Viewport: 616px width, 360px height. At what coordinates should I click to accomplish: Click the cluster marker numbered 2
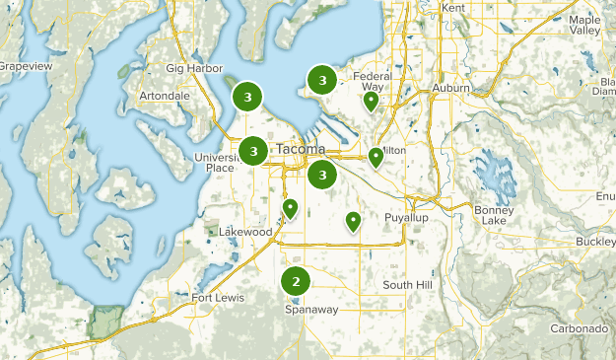click(x=296, y=282)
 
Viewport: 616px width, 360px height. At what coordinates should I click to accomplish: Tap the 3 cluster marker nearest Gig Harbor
click(x=247, y=97)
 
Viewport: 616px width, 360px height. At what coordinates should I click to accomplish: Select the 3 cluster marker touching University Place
click(x=254, y=151)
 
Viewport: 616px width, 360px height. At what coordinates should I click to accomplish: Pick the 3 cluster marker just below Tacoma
click(x=322, y=176)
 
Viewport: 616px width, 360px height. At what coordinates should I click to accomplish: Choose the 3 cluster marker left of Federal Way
click(x=321, y=79)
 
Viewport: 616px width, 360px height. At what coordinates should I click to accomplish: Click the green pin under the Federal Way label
click(x=371, y=100)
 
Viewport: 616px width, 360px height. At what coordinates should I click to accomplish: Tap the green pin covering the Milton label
click(x=376, y=156)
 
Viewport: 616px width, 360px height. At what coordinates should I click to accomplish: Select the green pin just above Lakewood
click(x=290, y=208)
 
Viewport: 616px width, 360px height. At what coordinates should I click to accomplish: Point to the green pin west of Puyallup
click(x=353, y=222)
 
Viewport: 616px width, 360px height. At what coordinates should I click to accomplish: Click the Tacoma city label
click(x=300, y=149)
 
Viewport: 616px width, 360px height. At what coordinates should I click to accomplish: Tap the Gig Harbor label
click(x=189, y=68)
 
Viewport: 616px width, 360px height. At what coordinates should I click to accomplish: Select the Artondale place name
click(x=166, y=96)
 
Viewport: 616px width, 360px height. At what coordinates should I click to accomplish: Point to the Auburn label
click(x=450, y=88)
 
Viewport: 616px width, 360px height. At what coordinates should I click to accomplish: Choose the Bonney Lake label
click(x=494, y=215)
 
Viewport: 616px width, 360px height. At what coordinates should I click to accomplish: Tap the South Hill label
click(x=408, y=285)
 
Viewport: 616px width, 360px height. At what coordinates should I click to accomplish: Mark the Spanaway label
click(x=311, y=309)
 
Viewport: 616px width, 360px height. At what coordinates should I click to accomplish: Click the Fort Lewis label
click(x=216, y=299)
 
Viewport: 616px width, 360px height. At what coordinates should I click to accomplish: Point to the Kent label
click(x=454, y=8)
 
